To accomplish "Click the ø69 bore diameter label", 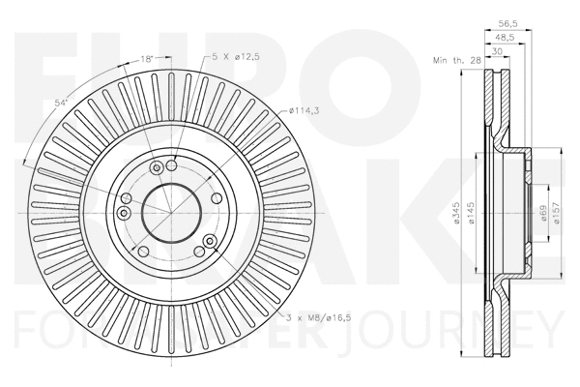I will click(544, 212).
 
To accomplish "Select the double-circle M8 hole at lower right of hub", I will click(210, 241).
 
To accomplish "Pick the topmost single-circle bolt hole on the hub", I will click(172, 164).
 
